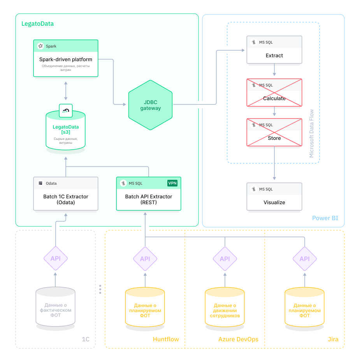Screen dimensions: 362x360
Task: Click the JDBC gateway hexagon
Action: point(150,105)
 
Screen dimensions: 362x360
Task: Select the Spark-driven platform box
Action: point(65,58)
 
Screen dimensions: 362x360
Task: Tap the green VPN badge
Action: point(172,183)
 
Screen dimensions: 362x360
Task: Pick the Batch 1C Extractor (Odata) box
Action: point(65,194)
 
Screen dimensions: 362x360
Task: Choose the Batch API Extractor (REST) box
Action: point(148,194)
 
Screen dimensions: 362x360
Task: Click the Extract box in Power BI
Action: point(274,50)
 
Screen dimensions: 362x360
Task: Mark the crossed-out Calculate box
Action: point(274,92)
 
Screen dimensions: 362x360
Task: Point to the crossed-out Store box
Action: point(274,132)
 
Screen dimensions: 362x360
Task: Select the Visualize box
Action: point(274,197)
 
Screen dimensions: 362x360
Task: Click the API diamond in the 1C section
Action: point(55,259)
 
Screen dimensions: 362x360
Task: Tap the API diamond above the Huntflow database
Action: point(145,259)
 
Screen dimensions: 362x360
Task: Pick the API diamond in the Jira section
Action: point(304,259)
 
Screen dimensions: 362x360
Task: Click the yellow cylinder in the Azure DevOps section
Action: point(225,308)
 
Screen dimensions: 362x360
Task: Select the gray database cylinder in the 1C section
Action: point(55,308)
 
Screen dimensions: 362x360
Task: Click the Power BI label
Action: point(325,218)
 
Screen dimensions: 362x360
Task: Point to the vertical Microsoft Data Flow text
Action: point(311,133)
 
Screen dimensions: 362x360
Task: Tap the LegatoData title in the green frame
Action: point(37,24)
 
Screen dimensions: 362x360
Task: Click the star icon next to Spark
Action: point(40,46)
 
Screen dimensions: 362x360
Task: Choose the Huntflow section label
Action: point(166,339)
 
